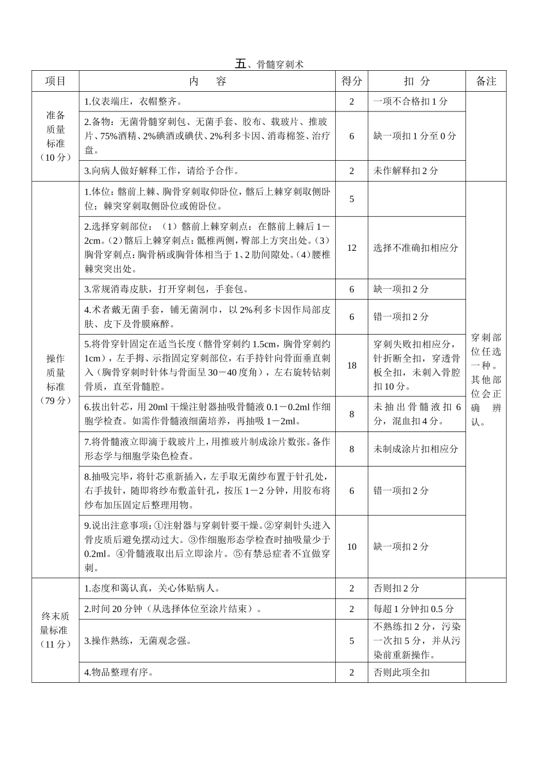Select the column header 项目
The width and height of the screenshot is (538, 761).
pyautogui.click(x=55, y=81)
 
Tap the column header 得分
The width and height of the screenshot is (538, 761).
pyautogui.click(x=352, y=81)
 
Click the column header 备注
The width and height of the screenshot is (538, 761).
pyautogui.click(x=486, y=81)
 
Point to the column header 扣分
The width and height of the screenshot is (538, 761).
pyautogui.click(x=417, y=81)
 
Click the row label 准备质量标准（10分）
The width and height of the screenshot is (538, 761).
pyautogui.click(x=55, y=136)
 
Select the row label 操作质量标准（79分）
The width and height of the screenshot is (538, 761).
pyautogui.click(x=55, y=379)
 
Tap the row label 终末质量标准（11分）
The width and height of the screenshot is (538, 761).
pyautogui.click(x=55, y=630)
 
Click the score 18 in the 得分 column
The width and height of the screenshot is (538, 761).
pyautogui.click(x=352, y=365)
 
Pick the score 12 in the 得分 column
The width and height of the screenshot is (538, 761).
pyautogui.click(x=352, y=247)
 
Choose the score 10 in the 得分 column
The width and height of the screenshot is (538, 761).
pyautogui.click(x=352, y=546)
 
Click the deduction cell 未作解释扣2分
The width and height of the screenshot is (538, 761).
pyautogui.click(x=405, y=170)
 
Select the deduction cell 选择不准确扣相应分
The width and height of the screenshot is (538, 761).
pyautogui.click(x=416, y=247)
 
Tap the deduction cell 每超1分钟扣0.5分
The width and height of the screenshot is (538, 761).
pyautogui.click(x=413, y=609)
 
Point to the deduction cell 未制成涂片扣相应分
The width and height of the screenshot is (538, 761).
pyautogui.click(x=416, y=448)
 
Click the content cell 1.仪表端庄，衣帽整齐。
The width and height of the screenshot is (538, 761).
pyautogui.click(x=134, y=102)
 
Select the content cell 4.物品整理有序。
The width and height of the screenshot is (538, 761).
pyautogui.click(x=119, y=672)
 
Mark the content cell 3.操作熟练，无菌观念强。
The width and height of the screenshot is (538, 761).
pyautogui.click(x=138, y=640)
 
